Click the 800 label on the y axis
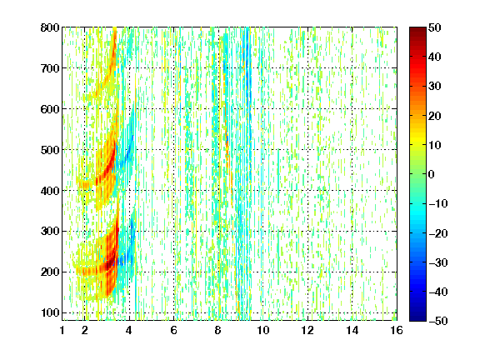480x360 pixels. pos(50,27)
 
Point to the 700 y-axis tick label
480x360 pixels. pos(50,68)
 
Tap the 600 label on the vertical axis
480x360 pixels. pos(50,109)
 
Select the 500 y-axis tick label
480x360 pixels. pos(50,150)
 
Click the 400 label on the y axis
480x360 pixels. pos(50,191)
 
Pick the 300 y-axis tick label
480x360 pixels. pos(50,232)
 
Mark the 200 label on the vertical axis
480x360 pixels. pos(50,272)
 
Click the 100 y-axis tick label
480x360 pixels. pos(50,312)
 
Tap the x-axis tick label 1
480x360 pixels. pos(62,331)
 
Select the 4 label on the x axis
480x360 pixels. pos(129,331)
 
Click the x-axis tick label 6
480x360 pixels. pos(173,331)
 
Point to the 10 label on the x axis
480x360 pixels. pos(263,331)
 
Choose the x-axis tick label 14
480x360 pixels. pos(352,331)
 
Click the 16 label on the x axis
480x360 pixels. pos(397,331)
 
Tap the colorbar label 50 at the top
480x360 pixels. pos(435,27)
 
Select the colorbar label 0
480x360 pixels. pos(432,174)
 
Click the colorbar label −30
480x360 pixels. pos(438,262)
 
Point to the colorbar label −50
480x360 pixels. pos(438,321)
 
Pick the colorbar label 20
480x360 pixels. pos(435,116)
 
